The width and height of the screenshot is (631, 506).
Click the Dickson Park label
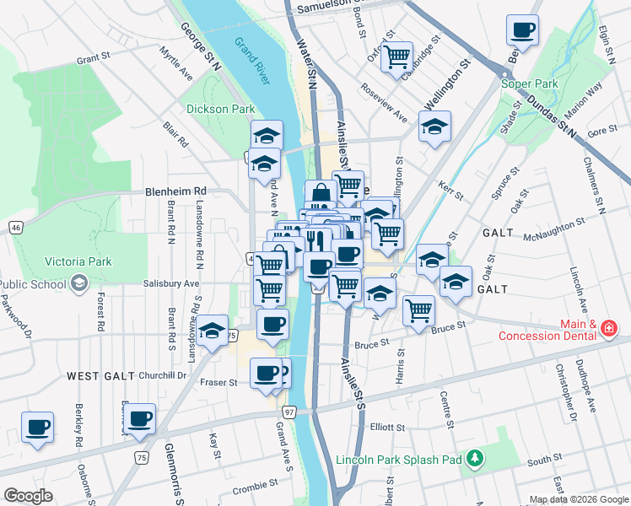(x=220, y=109)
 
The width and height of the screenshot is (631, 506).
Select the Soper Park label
(x=529, y=83)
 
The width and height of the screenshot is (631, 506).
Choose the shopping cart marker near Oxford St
(x=396, y=57)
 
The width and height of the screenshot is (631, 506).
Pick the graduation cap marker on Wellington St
(x=434, y=126)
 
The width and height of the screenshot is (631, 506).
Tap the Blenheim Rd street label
(x=175, y=191)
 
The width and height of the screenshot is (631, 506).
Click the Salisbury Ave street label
(x=170, y=284)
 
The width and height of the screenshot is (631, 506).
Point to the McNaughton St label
(x=553, y=223)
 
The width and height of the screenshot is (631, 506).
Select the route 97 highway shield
(x=289, y=412)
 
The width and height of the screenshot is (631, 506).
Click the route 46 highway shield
(x=16, y=227)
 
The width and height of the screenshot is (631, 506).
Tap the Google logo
(x=29, y=496)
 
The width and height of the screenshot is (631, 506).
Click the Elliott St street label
(x=390, y=427)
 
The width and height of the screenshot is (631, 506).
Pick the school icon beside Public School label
(x=79, y=283)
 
